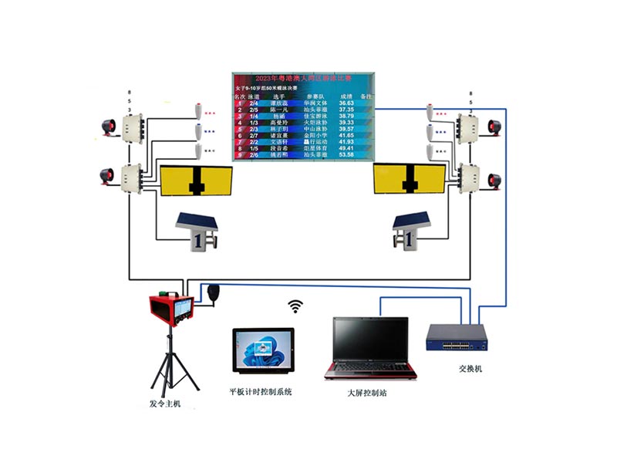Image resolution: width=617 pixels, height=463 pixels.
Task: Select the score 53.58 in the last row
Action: pos(346,155)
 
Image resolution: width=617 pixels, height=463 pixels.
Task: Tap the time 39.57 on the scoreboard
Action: pos(346,129)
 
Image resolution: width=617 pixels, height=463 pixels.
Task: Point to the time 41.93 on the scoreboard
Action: pos(346,142)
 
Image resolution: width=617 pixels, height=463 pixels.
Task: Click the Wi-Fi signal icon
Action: pos(295,306)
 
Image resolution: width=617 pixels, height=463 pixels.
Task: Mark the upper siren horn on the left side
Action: pos(109,127)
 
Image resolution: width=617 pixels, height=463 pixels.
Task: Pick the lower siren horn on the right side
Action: pos(494,182)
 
